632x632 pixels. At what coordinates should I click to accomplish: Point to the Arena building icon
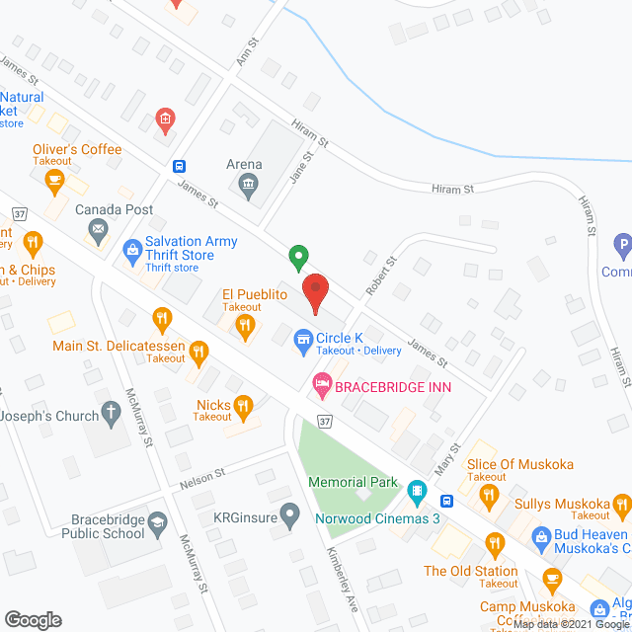click(246, 184)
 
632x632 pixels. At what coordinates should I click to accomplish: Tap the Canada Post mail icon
click(99, 232)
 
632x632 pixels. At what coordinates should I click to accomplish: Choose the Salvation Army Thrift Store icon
click(132, 250)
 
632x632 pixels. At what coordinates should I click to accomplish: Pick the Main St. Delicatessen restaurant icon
click(198, 350)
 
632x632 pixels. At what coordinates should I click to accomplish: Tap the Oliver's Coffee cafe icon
click(54, 179)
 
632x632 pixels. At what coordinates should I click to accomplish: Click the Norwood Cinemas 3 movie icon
click(417, 489)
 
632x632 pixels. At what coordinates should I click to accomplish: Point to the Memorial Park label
click(353, 483)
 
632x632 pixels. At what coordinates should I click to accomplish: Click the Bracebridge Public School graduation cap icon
click(157, 518)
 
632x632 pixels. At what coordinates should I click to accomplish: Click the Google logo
click(33, 619)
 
